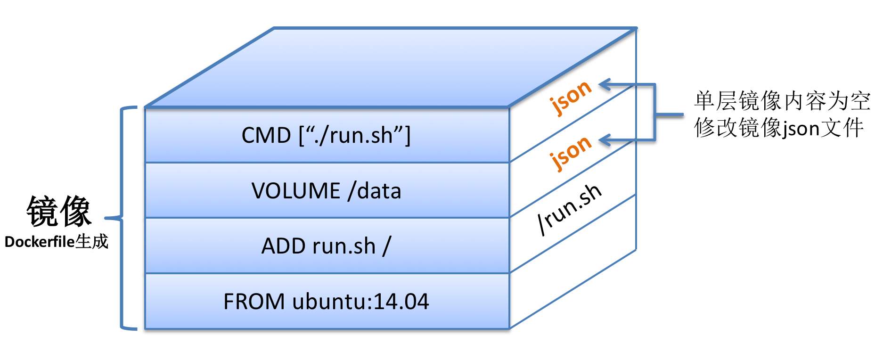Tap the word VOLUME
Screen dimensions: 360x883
(x=296, y=191)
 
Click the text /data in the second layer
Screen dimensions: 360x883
(x=375, y=191)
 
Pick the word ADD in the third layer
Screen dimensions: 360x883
(x=283, y=246)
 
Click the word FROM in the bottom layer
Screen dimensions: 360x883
(x=253, y=302)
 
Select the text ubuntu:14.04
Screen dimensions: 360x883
(x=360, y=302)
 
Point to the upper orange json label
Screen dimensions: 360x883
(x=571, y=97)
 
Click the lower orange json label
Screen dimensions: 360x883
(x=571, y=152)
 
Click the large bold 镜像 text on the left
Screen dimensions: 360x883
(x=58, y=212)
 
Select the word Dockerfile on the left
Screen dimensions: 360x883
(x=40, y=242)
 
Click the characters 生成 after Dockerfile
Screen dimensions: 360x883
(x=92, y=242)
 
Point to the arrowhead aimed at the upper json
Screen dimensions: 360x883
(x=605, y=85)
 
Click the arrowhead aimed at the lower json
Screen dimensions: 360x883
(x=605, y=140)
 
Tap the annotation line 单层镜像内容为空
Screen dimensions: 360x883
(x=782, y=101)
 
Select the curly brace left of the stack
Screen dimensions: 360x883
(x=123, y=218)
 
